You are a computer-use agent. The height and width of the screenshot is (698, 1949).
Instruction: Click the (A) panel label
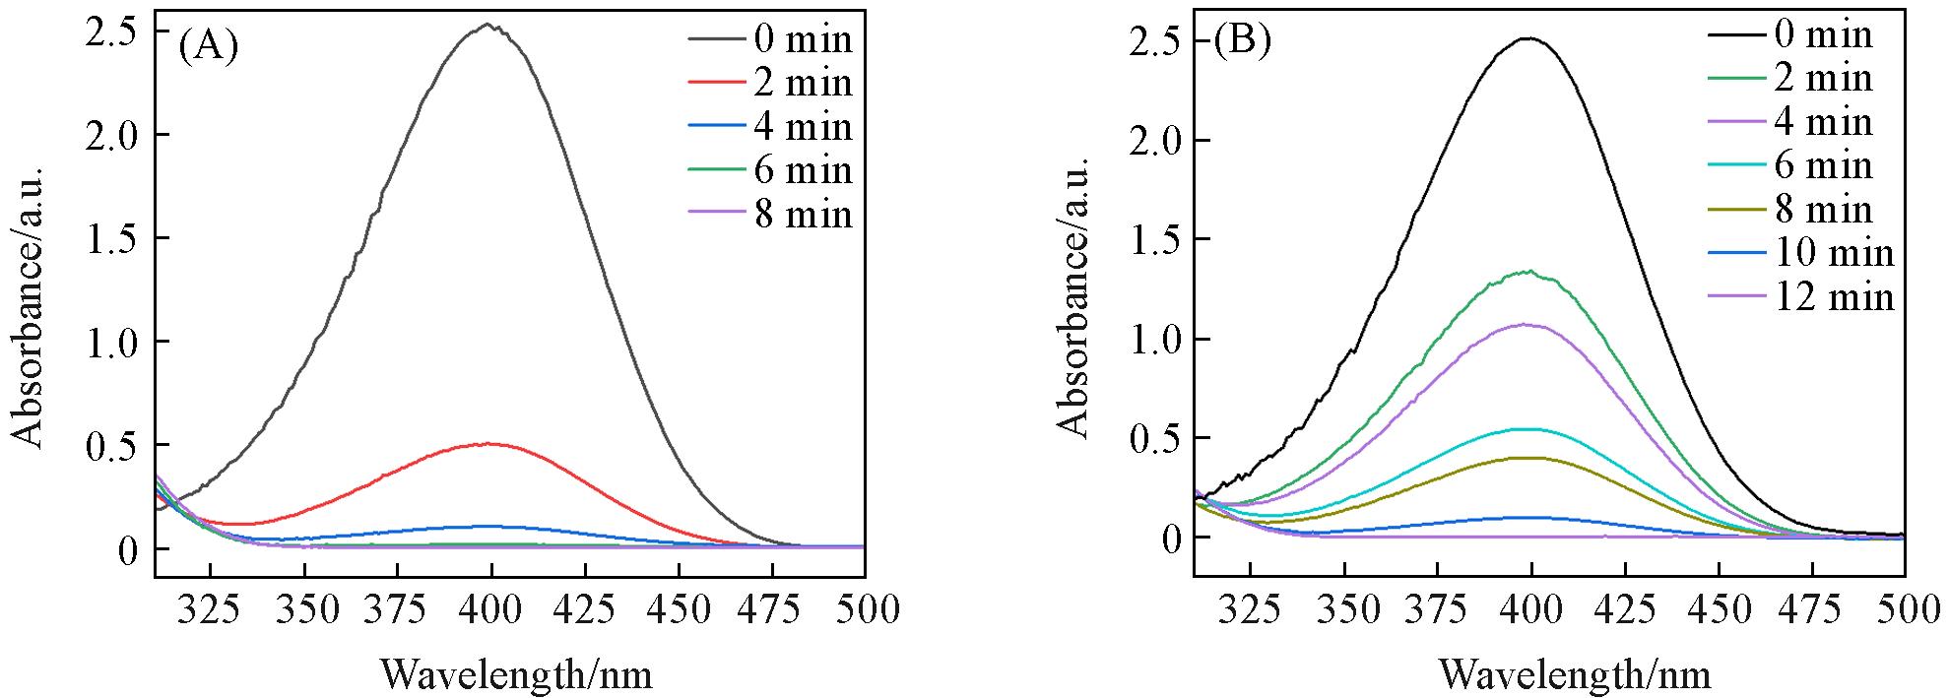208,46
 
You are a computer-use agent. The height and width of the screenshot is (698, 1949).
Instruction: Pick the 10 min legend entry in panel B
1834,252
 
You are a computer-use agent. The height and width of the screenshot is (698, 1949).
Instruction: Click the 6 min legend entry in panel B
1822,165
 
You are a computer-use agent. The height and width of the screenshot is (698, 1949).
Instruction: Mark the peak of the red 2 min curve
489,444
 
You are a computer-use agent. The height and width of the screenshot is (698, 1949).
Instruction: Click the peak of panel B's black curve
1527,38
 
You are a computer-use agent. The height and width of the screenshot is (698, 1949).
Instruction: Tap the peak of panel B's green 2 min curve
1527,272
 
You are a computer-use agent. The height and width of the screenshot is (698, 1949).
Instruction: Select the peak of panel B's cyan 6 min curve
1527,429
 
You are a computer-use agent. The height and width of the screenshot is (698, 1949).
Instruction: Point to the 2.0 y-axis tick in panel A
114,135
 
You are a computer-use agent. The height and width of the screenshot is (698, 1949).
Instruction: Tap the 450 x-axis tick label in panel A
675,610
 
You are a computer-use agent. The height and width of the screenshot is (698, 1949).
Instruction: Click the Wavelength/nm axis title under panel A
516,674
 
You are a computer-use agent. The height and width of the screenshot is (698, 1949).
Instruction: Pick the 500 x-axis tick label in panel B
1903,611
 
